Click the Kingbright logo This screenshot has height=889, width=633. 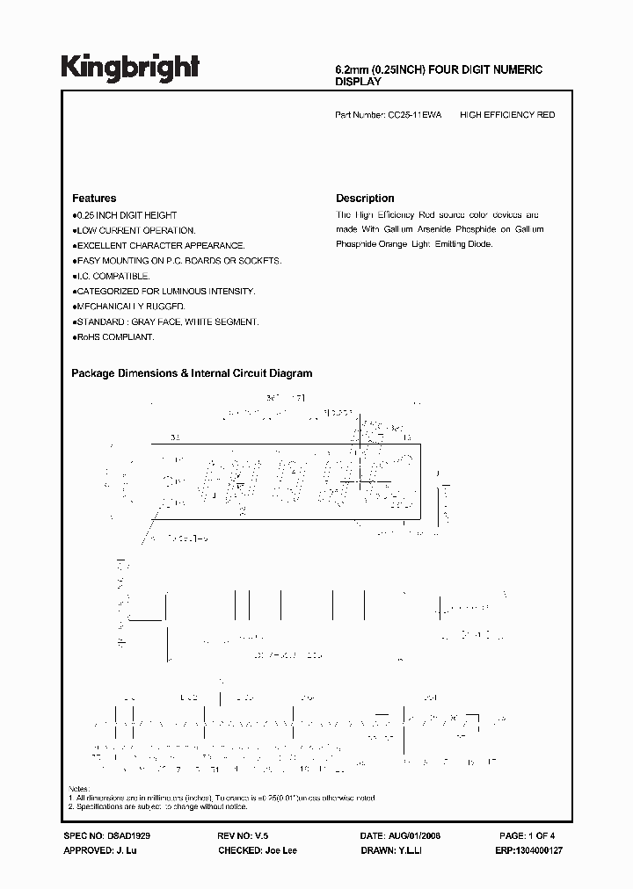(130, 67)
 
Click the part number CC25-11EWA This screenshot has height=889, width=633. (415, 115)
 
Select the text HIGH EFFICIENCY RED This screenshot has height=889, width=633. (507, 115)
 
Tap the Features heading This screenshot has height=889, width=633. (93, 199)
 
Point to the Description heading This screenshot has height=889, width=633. (365, 199)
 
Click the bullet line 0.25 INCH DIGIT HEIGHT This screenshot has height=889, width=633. (125, 215)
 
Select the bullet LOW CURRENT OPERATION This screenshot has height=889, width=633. (123, 230)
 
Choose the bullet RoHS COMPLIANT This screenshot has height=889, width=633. (113, 336)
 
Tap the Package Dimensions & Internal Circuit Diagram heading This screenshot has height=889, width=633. (192, 373)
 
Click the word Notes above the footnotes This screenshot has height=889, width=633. (78, 789)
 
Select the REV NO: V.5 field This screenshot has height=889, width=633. (240, 837)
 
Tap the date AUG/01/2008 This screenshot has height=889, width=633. (412, 837)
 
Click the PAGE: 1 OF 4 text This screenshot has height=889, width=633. (527, 837)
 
